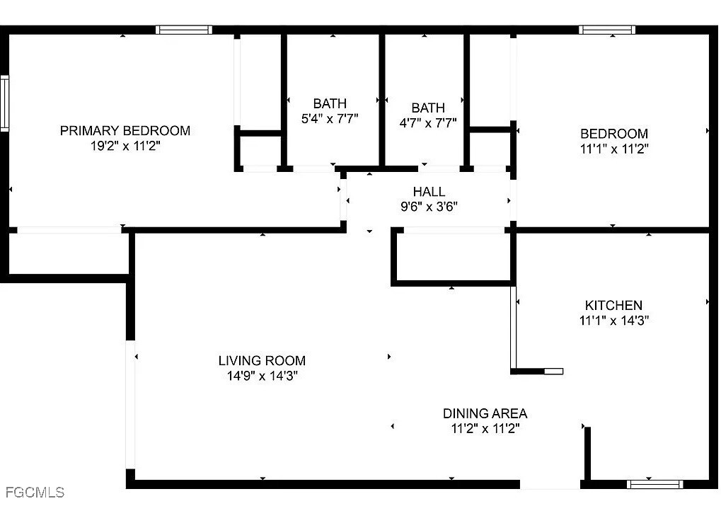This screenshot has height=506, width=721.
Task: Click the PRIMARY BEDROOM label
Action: pyautogui.click(x=125, y=131)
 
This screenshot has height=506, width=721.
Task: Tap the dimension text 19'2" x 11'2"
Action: pyautogui.click(x=125, y=146)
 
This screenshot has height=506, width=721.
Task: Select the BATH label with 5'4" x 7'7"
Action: pyautogui.click(x=330, y=103)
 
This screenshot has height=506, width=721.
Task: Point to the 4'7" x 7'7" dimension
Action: pyautogui.click(x=428, y=123)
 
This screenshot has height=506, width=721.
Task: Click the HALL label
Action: pyautogui.click(x=429, y=191)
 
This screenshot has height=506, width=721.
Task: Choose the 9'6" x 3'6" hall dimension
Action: pyautogui.click(x=429, y=207)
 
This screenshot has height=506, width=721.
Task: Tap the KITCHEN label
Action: pyautogui.click(x=614, y=305)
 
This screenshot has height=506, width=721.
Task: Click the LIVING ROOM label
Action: pyautogui.click(x=262, y=361)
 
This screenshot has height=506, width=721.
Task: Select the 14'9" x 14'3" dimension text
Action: pyautogui.click(x=262, y=376)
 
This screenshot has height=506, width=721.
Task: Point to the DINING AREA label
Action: pyautogui.click(x=485, y=413)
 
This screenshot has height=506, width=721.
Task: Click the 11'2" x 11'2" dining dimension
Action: pyautogui.click(x=485, y=429)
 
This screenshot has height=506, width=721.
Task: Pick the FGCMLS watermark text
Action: pyautogui.click(x=35, y=493)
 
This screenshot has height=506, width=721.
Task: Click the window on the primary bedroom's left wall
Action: pyautogui.click(x=4, y=103)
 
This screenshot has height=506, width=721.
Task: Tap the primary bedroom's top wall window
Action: pyautogui.click(x=184, y=30)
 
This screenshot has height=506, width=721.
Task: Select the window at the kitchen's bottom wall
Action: pyautogui.click(x=654, y=484)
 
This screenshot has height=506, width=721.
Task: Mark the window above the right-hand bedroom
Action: pyautogui.click(x=607, y=30)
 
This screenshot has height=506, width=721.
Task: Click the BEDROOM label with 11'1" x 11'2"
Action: pyautogui.click(x=614, y=134)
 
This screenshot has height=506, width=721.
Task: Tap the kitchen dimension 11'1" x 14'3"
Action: pyautogui.click(x=614, y=320)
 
